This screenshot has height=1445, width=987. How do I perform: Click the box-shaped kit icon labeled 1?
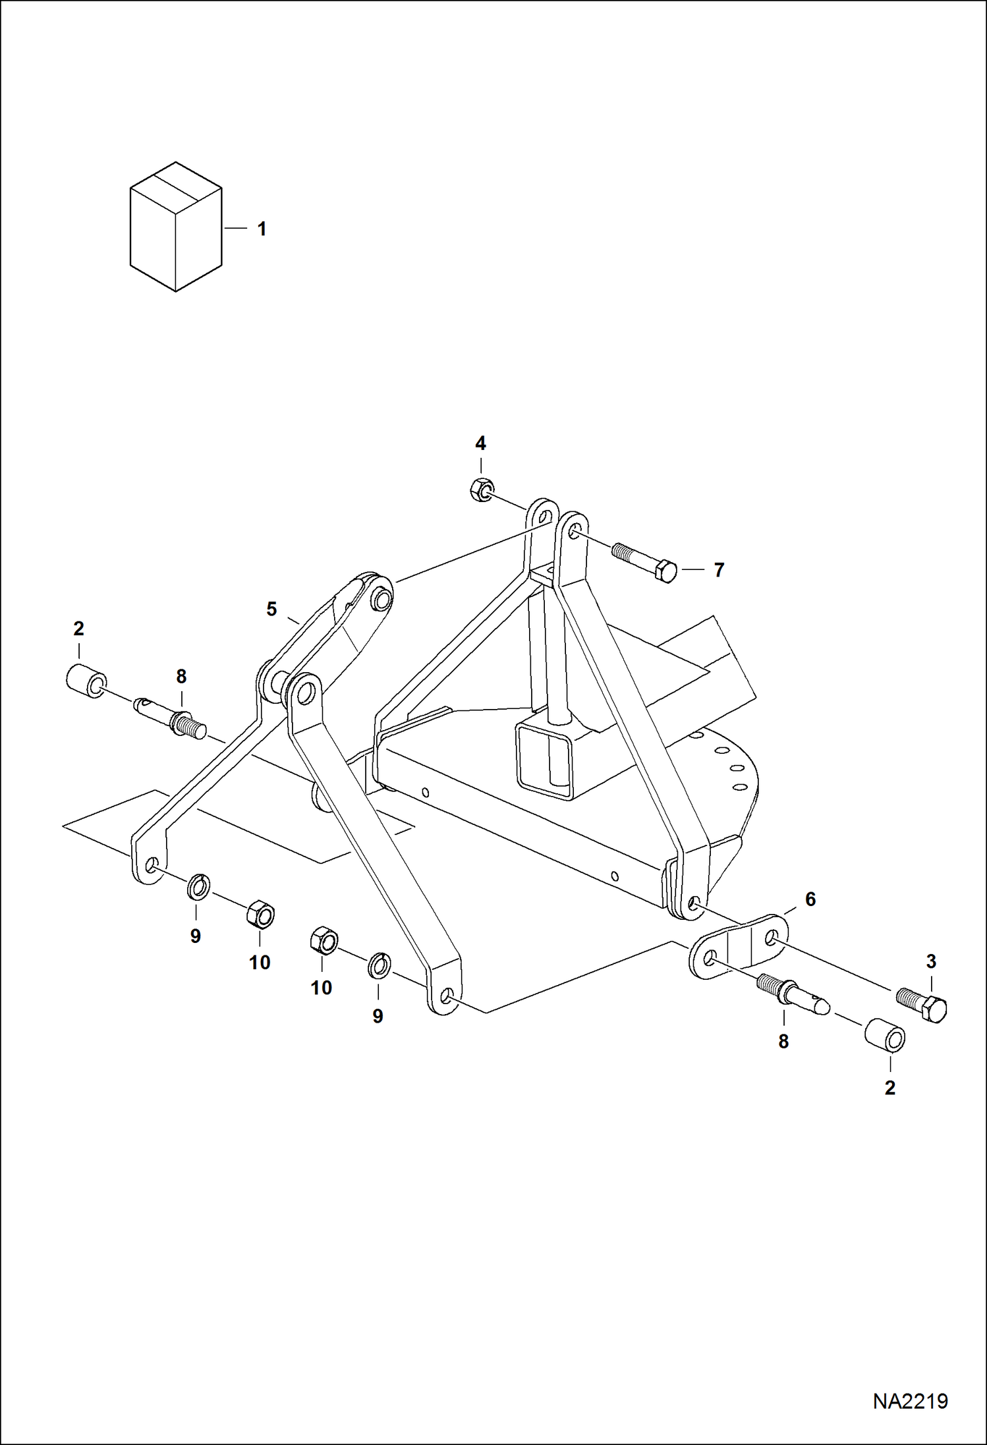tap(175, 227)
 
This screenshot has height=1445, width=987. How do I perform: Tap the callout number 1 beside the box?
tap(262, 229)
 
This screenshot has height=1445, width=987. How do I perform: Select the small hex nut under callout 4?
tap(482, 490)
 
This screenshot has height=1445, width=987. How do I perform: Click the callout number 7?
tap(719, 570)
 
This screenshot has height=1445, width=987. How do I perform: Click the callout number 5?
tap(271, 609)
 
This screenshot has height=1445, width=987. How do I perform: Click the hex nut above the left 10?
tap(261, 915)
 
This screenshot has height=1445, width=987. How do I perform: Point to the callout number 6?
tap(810, 899)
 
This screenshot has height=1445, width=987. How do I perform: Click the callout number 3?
tap(930, 961)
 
